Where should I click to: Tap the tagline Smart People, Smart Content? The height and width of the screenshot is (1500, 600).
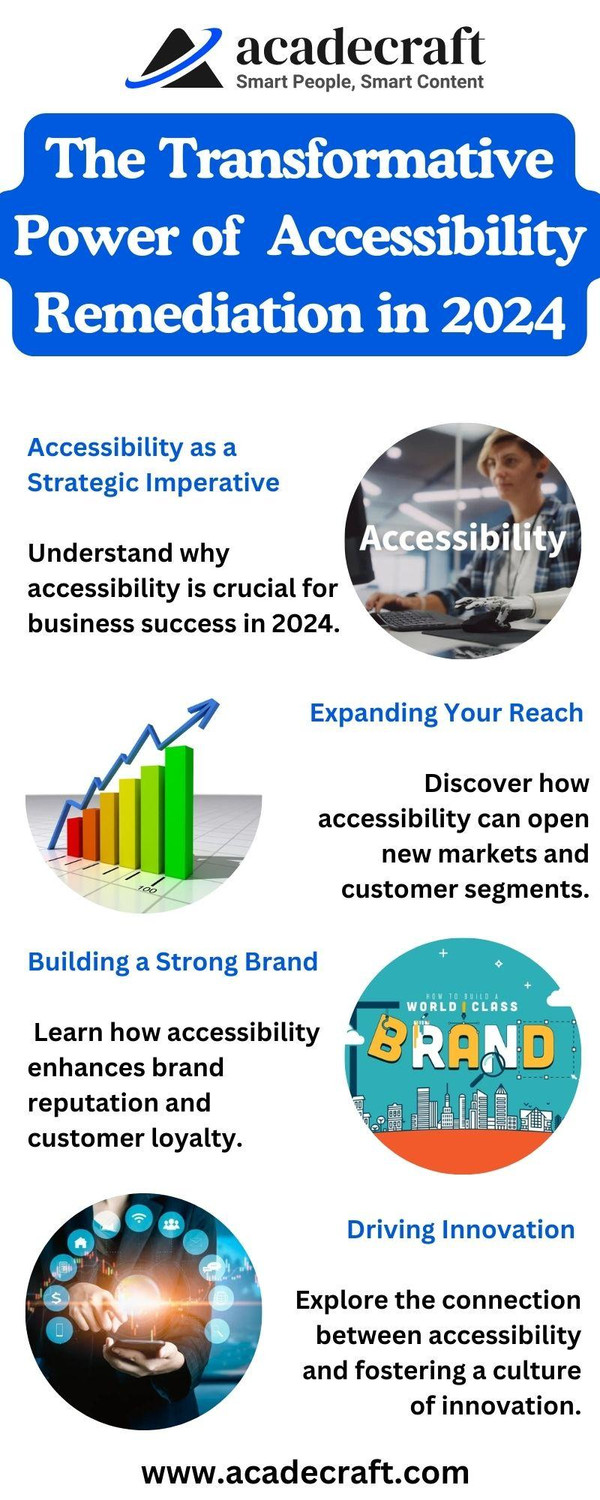[x=360, y=82]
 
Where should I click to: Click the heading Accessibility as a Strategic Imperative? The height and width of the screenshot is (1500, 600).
[x=152, y=465]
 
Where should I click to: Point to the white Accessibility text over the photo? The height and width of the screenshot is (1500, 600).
[x=462, y=538]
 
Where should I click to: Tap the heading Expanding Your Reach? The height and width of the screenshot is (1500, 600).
[x=446, y=713]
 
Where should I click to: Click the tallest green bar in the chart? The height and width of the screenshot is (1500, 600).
[x=179, y=795]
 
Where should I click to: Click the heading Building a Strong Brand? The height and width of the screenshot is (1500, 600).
[x=172, y=962]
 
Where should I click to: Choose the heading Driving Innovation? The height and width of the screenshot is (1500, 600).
[x=460, y=1229]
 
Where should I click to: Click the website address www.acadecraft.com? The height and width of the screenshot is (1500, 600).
[x=305, y=1472]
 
